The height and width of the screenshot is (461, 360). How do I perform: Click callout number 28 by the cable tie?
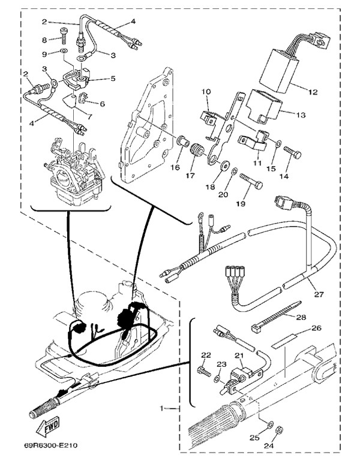[x=301, y=317]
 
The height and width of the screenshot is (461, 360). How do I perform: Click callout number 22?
[x=206, y=355]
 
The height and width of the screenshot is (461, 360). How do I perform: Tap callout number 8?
[x=44, y=40]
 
